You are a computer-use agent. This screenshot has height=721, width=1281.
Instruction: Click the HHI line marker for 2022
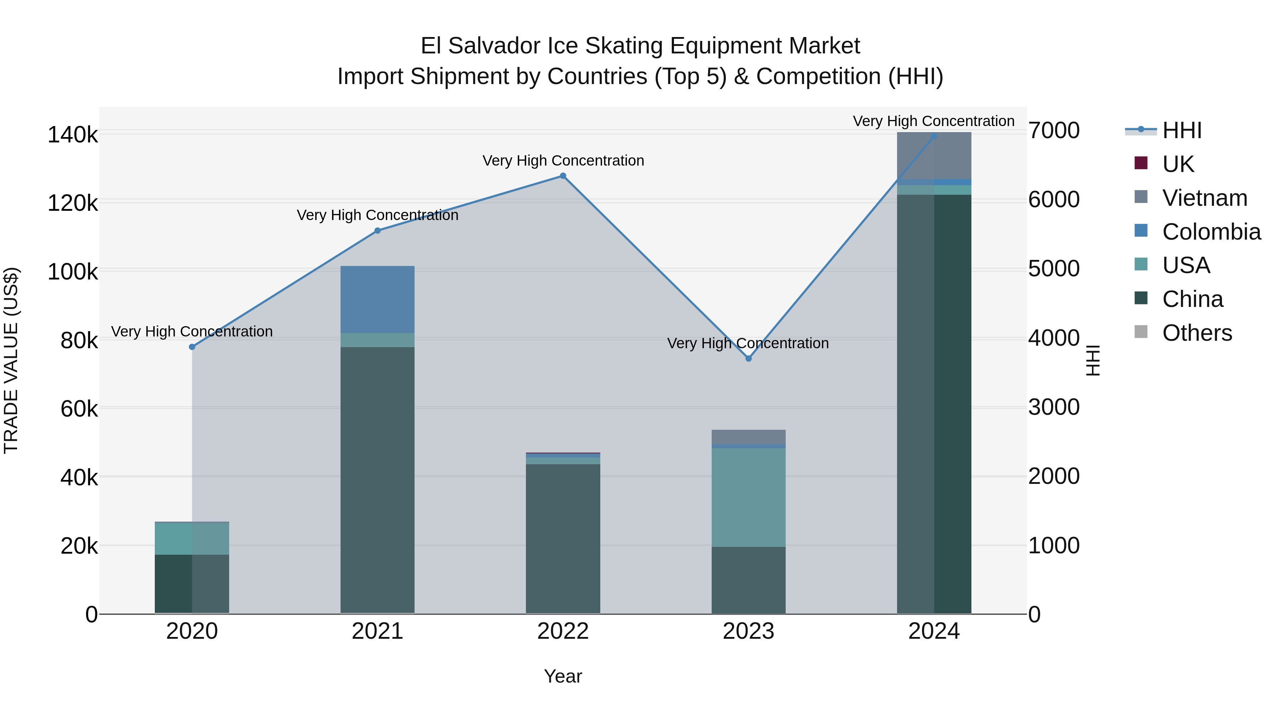[x=563, y=176]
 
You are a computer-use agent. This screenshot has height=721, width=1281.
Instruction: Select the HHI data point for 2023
[x=748, y=358]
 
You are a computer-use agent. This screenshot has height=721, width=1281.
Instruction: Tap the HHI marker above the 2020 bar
[x=192, y=347]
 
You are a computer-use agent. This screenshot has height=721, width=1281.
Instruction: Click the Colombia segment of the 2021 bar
[x=378, y=299]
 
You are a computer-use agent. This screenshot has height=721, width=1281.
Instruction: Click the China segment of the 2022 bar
[x=563, y=537]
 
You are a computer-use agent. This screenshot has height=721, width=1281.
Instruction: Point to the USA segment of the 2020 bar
[x=192, y=538]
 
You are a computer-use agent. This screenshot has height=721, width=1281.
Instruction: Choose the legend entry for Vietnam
[x=1204, y=198]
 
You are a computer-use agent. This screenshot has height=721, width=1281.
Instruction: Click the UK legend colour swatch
[x=1141, y=163]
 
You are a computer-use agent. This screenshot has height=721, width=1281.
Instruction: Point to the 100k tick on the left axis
[x=73, y=272]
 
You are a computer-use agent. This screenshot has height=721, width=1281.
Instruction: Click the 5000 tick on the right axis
[x=1054, y=269]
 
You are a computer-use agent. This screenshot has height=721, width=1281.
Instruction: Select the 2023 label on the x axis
[x=748, y=631]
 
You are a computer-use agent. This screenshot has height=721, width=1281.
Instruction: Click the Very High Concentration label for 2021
[x=378, y=215]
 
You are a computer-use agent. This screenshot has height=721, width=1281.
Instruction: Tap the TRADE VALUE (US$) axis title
[x=11, y=360]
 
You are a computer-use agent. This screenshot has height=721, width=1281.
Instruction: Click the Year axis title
[x=563, y=676]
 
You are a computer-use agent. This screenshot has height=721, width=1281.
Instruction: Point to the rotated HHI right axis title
[x=1092, y=360]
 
